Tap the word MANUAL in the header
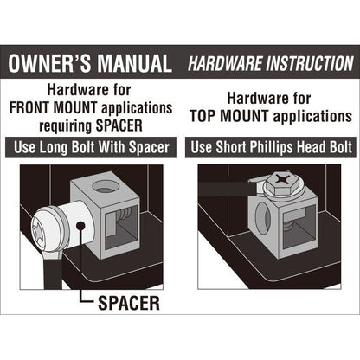click(x=134, y=63)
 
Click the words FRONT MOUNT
click(x=53, y=108)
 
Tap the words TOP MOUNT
click(x=229, y=116)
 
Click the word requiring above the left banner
click(x=65, y=126)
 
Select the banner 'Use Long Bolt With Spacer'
click(x=91, y=147)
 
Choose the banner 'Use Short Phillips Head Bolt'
click(x=271, y=147)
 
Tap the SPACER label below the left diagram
click(x=129, y=303)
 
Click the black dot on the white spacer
click(x=81, y=226)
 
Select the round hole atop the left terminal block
click(x=105, y=187)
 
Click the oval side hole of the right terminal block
click(x=263, y=218)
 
